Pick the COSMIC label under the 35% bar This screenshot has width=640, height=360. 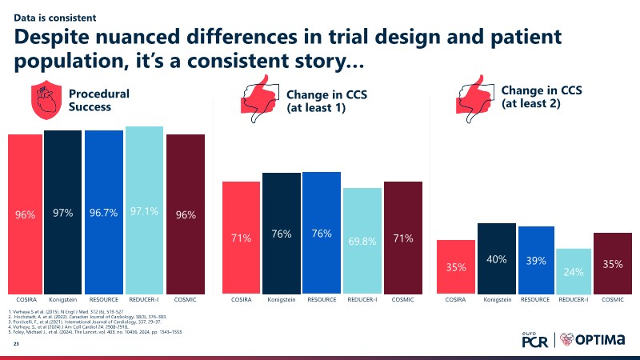tap(612, 299)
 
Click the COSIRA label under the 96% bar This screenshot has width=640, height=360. tap(25, 299)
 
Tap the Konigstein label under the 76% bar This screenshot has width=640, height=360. tap(282, 299)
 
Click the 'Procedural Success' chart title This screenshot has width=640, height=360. tap(99, 99)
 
